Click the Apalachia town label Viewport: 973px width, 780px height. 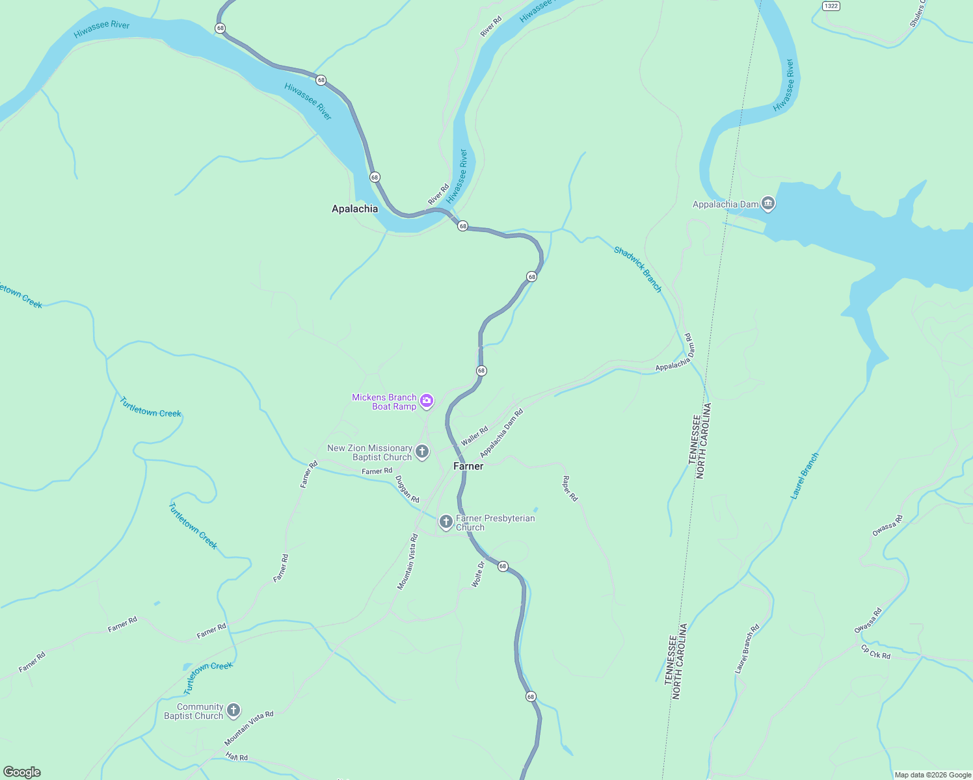point(354,209)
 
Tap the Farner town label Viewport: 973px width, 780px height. point(468,466)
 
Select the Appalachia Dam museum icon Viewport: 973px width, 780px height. point(768,203)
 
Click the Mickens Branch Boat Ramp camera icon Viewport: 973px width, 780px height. point(427,400)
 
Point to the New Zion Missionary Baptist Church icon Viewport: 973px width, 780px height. point(422,451)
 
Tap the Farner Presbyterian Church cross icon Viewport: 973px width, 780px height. point(446,521)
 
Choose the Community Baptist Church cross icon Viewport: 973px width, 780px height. point(233,710)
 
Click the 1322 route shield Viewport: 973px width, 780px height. point(831,6)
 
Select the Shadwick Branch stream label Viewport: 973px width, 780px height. point(638,269)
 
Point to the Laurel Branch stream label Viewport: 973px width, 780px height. point(805,476)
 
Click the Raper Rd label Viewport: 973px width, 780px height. point(570,489)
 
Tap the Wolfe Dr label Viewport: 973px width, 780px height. point(478,575)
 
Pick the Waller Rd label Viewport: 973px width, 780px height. point(474,436)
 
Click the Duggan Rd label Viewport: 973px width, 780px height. point(408,489)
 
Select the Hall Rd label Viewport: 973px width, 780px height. point(237,757)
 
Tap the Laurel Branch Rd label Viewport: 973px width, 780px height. point(747,649)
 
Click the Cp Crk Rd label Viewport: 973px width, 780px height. point(875,652)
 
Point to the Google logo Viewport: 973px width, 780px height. point(22,772)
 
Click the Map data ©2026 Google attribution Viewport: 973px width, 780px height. point(933,775)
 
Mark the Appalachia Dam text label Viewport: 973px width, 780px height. point(725,204)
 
